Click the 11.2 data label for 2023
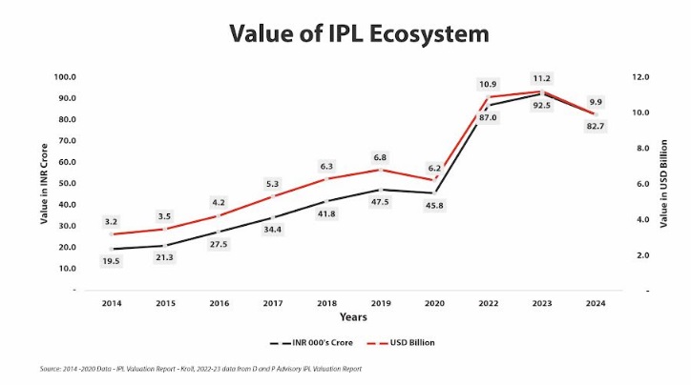[x=542, y=78]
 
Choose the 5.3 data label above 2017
[x=272, y=183]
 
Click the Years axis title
[x=353, y=316]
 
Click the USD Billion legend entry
[x=395, y=340]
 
